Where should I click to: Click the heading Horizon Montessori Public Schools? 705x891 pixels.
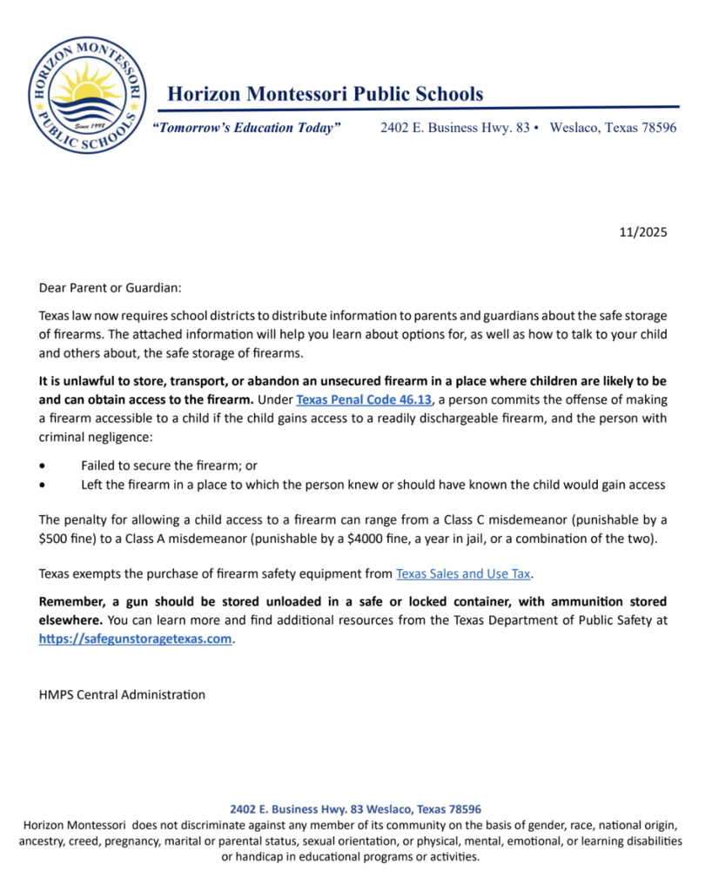pyautogui.click(x=325, y=93)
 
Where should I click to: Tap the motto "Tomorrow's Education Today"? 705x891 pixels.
pyautogui.click(x=246, y=128)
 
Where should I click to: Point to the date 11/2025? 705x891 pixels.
pyautogui.click(x=643, y=232)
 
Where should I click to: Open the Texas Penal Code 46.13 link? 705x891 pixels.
pyautogui.click(x=364, y=400)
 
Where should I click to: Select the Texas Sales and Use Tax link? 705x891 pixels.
pyautogui.click(x=463, y=573)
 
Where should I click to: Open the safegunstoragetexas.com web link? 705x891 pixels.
pyautogui.click(x=137, y=638)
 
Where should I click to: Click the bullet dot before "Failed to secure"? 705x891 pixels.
pyautogui.click(x=44, y=466)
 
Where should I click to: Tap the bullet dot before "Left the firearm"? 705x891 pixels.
pyautogui.click(x=44, y=485)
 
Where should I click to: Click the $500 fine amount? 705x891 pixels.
pyautogui.click(x=54, y=539)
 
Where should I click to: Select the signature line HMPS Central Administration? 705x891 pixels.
pyautogui.click(x=122, y=694)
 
